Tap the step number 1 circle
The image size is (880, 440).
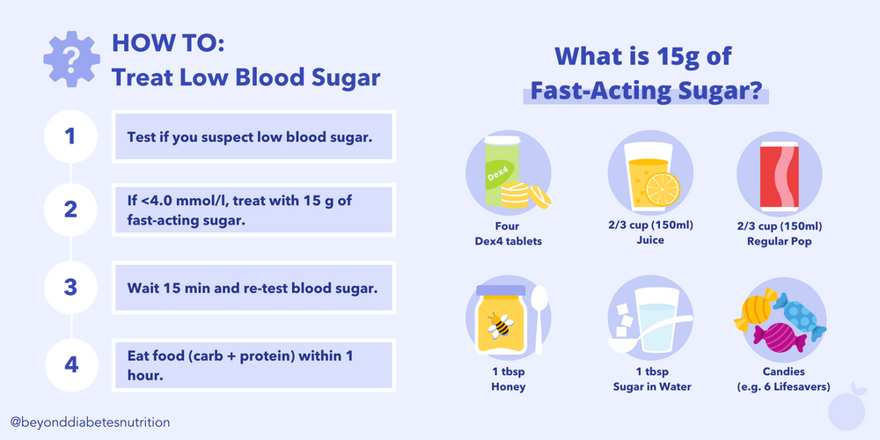point(70,136)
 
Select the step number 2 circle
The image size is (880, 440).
point(70,209)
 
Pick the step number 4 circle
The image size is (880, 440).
point(70,362)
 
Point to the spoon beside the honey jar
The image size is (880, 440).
point(540,308)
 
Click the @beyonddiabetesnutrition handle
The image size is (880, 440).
point(90,422)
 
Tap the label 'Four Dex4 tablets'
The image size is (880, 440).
point(507,233)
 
